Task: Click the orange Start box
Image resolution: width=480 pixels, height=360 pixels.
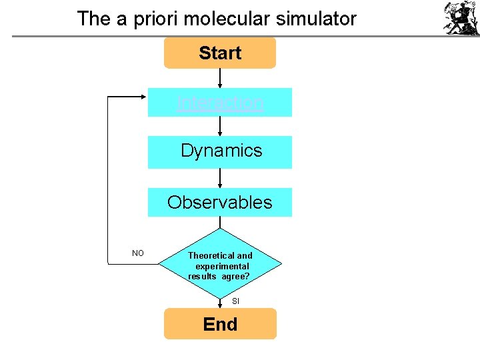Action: [x=220, y=53]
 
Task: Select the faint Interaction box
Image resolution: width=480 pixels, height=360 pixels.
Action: [x=220, y=102]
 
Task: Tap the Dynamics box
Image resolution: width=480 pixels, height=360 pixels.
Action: [x=220, y=151]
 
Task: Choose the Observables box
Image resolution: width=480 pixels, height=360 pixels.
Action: [x=220, y=202]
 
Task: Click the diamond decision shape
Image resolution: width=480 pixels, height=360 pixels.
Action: [x=220, y=265]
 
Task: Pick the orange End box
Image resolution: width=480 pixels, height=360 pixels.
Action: [x=220, y=324]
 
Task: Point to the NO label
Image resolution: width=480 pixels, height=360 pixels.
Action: [x=138, y=253]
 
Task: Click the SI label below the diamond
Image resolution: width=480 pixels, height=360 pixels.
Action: [x=235, y=301]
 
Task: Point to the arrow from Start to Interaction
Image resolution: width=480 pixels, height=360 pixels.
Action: [x=220, y=77]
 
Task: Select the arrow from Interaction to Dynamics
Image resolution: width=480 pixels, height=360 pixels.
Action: [x=220, y=126]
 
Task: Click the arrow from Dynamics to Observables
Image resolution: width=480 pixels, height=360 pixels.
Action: [x=220, y=177]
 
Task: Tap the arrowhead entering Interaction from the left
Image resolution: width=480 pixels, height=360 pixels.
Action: [x=143, y=97]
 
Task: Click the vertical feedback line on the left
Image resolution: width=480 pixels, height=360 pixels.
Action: [x=108, y=180]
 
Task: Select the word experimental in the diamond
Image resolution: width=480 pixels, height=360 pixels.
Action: [x=221, y=266]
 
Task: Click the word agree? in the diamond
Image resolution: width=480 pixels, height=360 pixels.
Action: [x=235, y=276]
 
